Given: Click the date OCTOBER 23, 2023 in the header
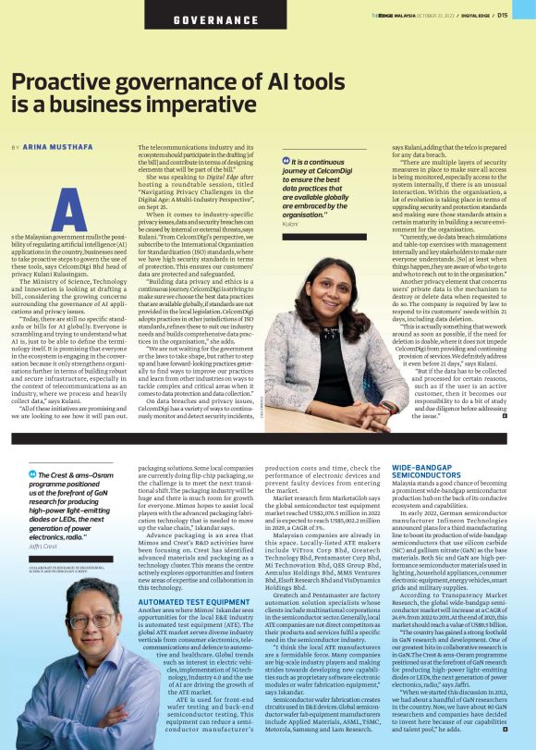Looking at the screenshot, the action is point(434,15).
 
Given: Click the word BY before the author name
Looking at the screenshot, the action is point(15,147).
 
